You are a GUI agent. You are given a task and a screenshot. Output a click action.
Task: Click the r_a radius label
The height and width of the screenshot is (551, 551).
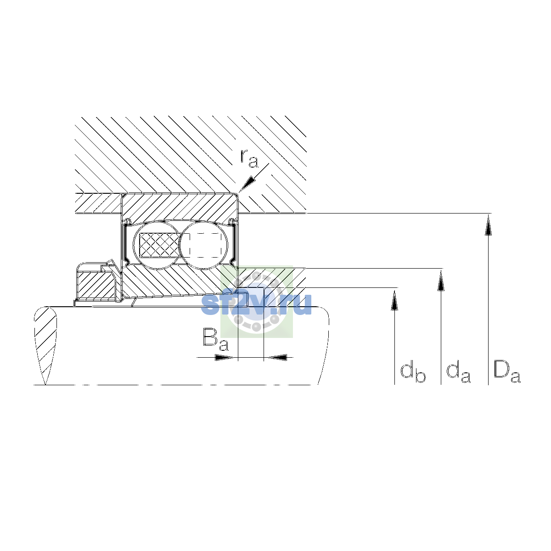point(249,158)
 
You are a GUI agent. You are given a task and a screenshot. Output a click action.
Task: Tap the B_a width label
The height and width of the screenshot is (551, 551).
point(216,340)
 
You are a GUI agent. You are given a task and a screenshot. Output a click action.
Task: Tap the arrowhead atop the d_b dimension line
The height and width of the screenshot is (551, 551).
point(394,300)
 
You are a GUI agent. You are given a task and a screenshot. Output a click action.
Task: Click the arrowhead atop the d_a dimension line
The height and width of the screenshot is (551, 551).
point(441,281)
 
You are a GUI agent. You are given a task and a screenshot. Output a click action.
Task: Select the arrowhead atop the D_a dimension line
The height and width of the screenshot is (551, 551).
point(488,225)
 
